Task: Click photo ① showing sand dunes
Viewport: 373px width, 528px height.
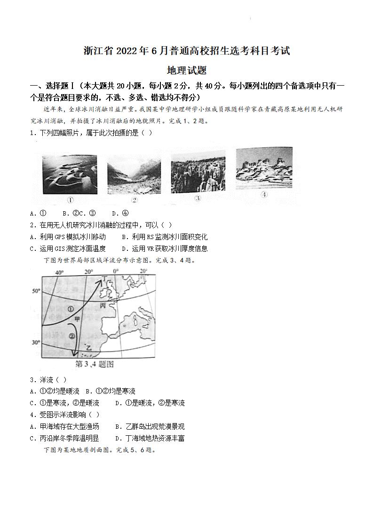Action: (70, 174)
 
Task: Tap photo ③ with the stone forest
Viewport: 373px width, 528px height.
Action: (198, 172)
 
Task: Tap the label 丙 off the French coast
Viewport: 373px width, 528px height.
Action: (103, 305)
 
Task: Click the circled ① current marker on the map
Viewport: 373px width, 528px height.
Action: (71, 309)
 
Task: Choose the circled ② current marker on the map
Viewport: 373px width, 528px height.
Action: (71, 336)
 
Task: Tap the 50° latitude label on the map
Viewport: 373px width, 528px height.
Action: (36, 291)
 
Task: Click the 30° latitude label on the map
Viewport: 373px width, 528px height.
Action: (36, 343)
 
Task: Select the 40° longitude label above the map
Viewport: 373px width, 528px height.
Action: (59, 272)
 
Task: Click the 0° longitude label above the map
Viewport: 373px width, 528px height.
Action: (115, 272)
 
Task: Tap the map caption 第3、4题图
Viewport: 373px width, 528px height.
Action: (95, 364)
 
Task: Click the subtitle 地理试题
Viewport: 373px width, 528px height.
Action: (187, 71)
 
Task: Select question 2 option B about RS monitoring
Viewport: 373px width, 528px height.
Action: (164, 237)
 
